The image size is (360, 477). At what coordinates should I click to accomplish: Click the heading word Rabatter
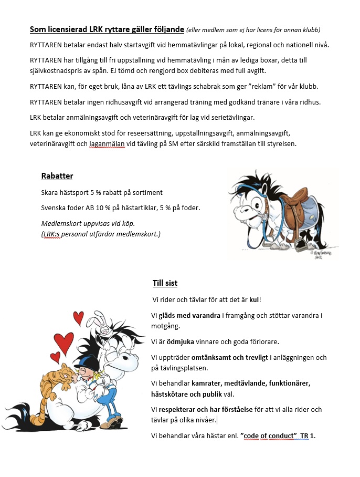tap(57, 176)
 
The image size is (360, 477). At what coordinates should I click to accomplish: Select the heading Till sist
tap(165, 283)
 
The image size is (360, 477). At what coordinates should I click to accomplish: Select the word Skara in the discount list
tap(50, 193)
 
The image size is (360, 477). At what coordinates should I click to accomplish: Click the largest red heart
tap(63, 343)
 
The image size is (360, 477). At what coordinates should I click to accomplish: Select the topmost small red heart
tap(78, 317)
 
